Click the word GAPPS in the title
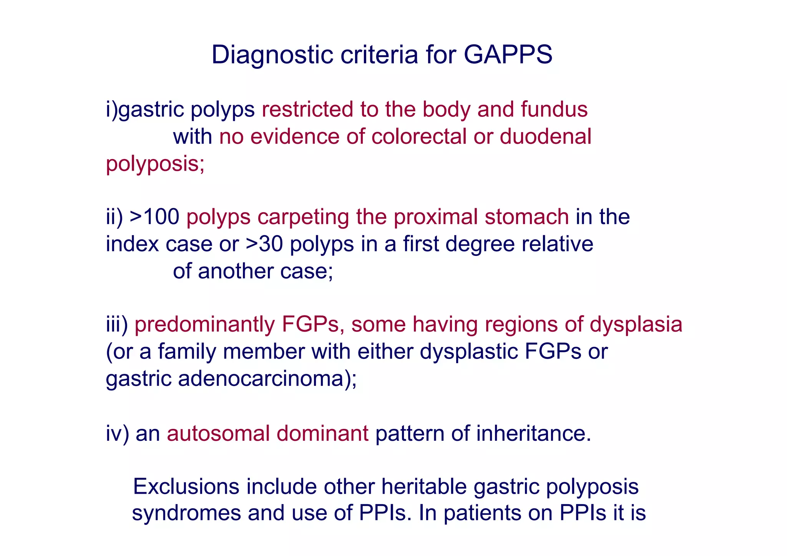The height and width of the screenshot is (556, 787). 508,55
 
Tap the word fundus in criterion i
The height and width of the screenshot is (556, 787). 554,109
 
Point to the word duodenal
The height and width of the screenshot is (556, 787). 545,136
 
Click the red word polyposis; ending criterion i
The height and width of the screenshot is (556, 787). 155,164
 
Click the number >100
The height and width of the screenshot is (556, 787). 154,217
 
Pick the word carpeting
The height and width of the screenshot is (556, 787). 303,217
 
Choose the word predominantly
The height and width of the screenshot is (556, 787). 204,324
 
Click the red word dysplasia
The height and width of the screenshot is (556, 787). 636,324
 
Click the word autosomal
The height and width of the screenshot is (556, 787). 218,433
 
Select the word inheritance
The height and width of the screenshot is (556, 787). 533,433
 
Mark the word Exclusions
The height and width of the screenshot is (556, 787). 186,486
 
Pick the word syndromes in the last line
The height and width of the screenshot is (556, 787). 186,513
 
